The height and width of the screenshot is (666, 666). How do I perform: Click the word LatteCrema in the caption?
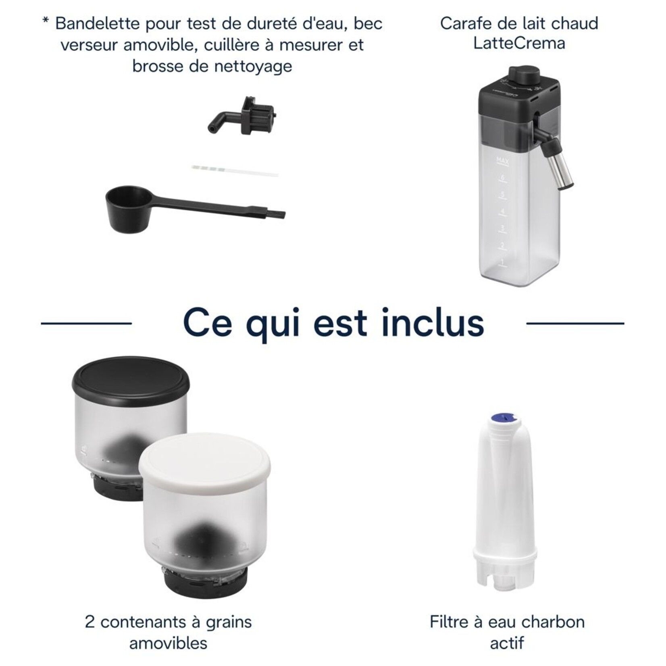(519, 43)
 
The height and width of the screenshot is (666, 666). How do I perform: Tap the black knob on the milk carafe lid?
(524, 74)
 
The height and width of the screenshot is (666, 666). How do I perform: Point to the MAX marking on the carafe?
(502, 161)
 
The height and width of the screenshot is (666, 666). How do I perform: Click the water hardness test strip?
(235, 171)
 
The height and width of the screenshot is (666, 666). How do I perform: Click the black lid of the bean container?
(131, 380)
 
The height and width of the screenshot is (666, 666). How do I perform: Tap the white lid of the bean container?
(205, 457)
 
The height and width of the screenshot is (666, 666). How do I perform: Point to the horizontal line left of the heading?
(86, 323)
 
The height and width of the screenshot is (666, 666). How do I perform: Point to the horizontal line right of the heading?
(575, 323)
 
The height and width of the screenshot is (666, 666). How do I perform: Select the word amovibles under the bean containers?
(168, 643)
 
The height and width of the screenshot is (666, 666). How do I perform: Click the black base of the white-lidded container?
(205, 583)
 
